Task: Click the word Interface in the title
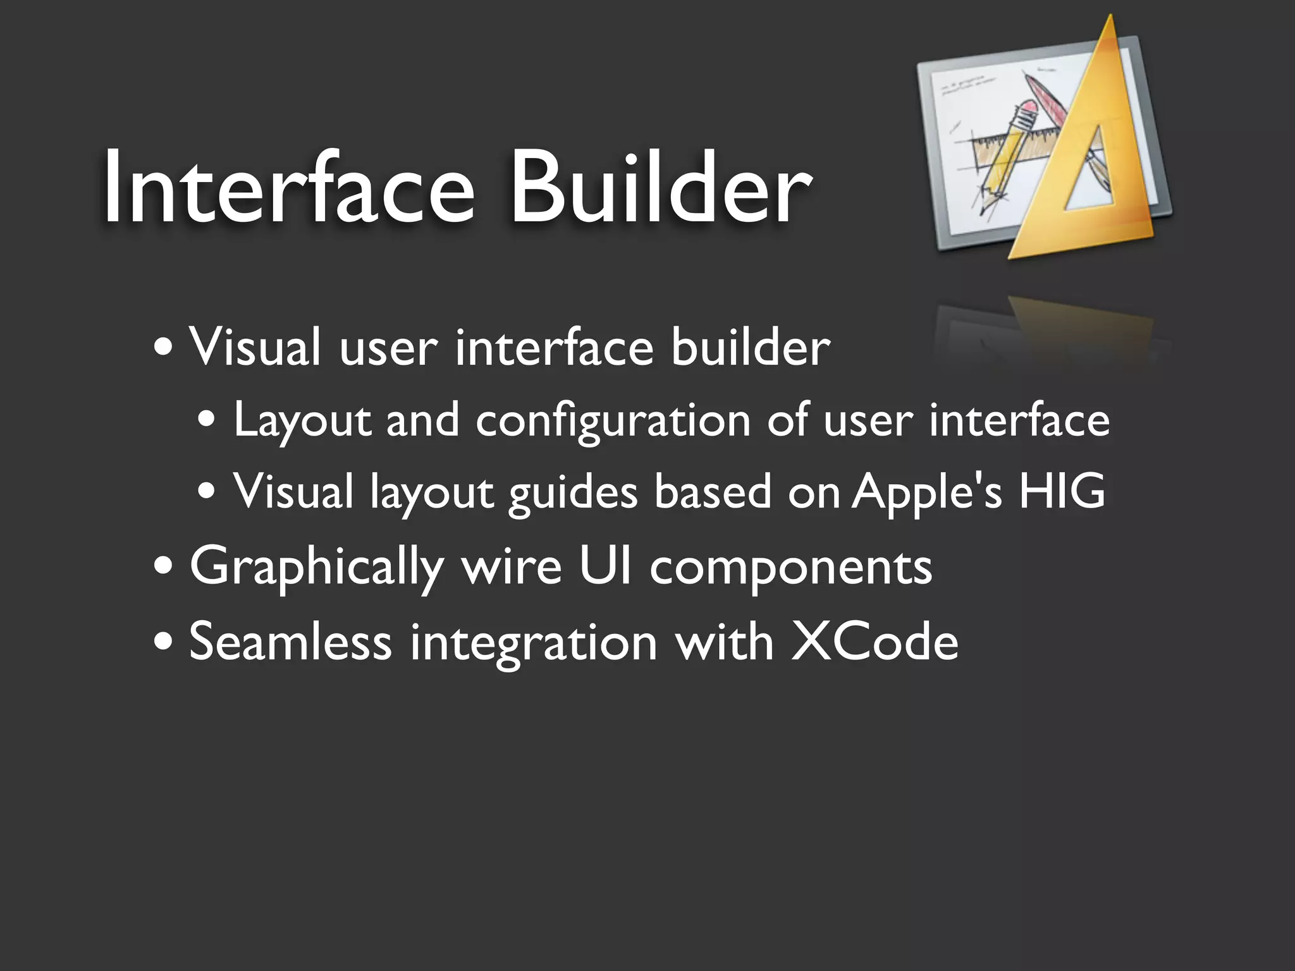click(x=288, y=187)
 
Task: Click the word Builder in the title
click(x=660, y=187)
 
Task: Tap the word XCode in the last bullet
click(x=875, y=642)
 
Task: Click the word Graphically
click(x=316, y=568)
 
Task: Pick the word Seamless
click(x=290, y=642)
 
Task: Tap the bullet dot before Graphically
click(x=163, y=567)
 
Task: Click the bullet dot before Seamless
click(x=163, y=642)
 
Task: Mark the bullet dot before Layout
click(x=207, y=421)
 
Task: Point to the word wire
click(x=512, y=567)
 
